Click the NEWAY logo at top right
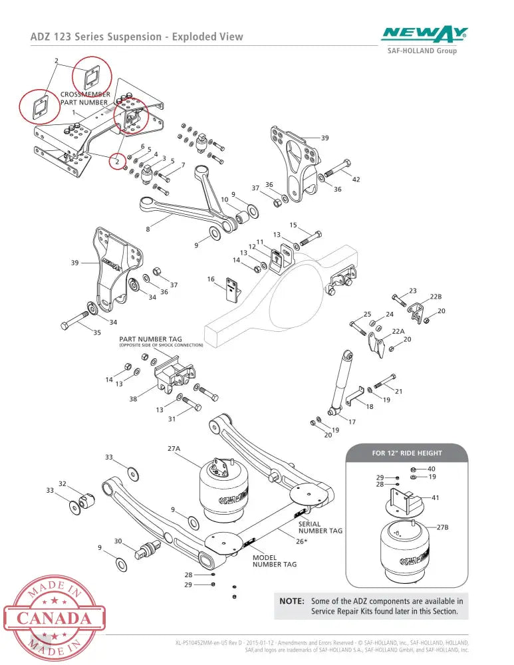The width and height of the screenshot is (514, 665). [424, 35]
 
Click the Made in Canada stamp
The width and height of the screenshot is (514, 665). [54, 618]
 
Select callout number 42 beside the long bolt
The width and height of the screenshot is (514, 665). [356, 180]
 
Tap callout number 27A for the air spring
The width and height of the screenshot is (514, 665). [174, 448]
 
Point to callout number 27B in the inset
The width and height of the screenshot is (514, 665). [442, 527]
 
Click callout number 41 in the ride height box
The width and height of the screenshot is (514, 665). [436, 497]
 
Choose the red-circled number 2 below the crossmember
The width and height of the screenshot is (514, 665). [118, 161]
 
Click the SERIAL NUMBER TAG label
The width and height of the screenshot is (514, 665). [321, 527]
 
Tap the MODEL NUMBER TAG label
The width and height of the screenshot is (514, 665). [275, 561]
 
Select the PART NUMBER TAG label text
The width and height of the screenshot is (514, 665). [150, 339]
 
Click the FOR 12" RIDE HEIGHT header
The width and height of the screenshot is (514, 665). [407, 453]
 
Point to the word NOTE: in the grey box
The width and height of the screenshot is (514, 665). [292, 601]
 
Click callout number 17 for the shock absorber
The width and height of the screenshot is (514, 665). [352, 422]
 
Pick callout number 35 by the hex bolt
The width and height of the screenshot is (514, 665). [97, 332]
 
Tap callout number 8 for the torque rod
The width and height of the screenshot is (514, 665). [148, 229]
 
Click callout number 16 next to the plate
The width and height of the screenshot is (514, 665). [211, 279]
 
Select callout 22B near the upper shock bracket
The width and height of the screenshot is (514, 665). [436, 297]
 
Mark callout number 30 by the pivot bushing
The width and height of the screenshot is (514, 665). [118, 541]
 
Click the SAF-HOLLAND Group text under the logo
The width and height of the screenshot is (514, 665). [422, 51]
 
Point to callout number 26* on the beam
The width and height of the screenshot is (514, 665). [301, 541]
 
